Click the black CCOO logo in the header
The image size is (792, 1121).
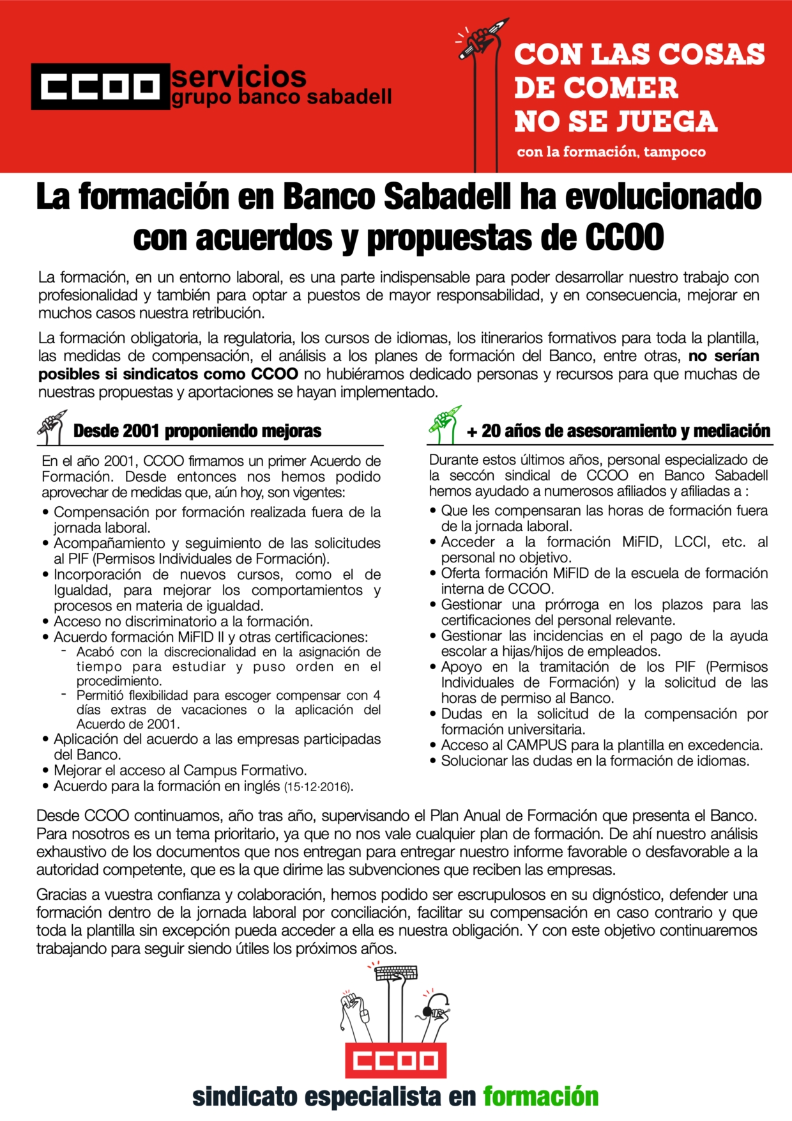pos(100,86)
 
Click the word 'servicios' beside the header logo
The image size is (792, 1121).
pos(239,77)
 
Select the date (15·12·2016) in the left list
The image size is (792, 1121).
pos(318,787)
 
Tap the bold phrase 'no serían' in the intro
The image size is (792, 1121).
pos(724,356)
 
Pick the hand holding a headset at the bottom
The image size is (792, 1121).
pos(434,1013)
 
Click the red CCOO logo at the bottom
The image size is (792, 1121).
pos(396,1061)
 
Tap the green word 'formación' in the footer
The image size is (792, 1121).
pos(540,1097)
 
